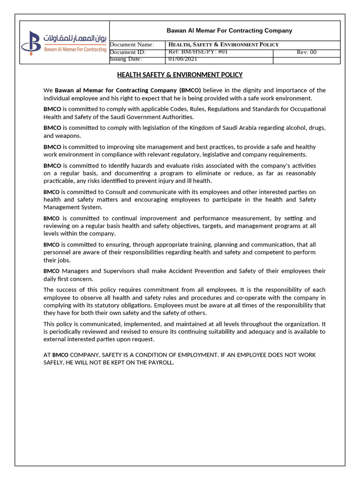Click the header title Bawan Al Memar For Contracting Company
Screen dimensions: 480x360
click(229, 30)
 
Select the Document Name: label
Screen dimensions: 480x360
click(132, 45)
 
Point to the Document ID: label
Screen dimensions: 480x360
click(127, 52)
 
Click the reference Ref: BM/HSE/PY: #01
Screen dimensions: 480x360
click(198, 52)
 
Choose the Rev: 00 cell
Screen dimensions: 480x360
click(307, 52)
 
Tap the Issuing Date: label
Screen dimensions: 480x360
click(126, 59)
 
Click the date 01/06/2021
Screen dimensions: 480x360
click(183, 59)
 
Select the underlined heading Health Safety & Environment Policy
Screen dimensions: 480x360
click(180, 75)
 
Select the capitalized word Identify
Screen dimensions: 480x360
click(135, 165)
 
